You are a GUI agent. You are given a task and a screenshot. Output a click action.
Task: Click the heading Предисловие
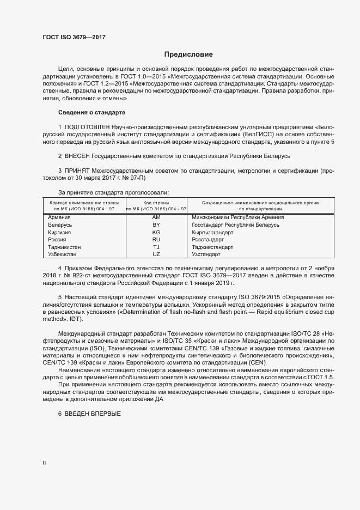point(189,54)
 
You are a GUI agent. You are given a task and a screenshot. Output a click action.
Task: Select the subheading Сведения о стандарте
point(91,112)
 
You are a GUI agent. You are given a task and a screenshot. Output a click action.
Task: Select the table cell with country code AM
point(156,217)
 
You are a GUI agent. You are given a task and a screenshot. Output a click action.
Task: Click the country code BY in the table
point(156,224)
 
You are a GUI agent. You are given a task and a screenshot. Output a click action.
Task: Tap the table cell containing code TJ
point(156,247)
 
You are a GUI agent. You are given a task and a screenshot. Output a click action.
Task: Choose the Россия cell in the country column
point(57,239)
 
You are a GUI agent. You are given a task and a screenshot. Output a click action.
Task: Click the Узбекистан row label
point(62,254)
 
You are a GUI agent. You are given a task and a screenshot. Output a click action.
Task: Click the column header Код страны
point(156,203)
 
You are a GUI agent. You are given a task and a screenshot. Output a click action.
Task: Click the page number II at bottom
point(45,463)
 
